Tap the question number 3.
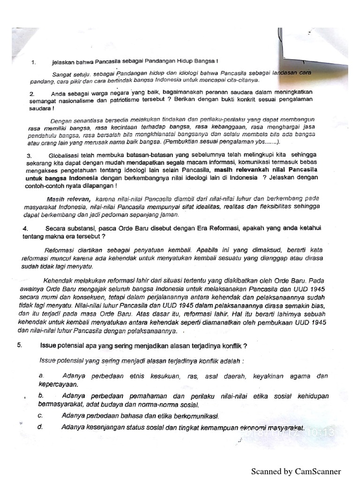29,155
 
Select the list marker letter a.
41,376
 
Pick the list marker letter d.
41,427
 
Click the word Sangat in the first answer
61,74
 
